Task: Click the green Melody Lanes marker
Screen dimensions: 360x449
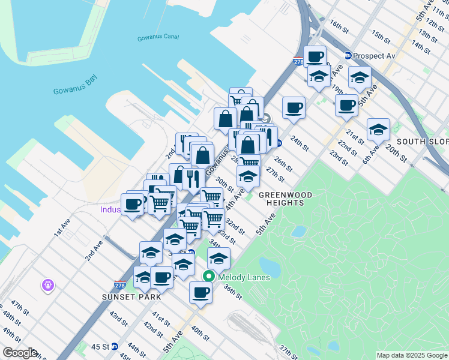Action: click(x=209, y=277)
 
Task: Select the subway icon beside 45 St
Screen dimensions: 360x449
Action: click(x=131, y=346)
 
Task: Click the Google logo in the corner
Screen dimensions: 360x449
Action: click(x=19, y=353)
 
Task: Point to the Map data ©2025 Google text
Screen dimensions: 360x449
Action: click(x=411, y=355)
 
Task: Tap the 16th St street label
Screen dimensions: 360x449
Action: click(x=339, y=26)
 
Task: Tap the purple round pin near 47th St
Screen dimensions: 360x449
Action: click(x=48, y=286)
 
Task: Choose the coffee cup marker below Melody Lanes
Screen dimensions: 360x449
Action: click(x=200, y=292)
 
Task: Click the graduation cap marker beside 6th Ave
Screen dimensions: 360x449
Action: click(x=378, y=129)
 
